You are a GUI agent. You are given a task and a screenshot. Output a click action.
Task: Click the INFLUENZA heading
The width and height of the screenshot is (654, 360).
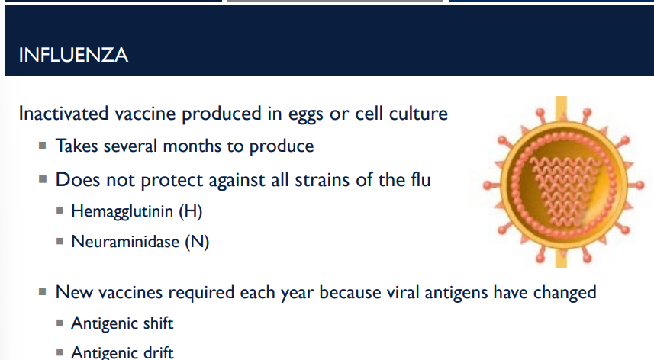(x=72, y=56)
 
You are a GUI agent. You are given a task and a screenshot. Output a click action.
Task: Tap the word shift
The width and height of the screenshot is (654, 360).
(x=158, y=323)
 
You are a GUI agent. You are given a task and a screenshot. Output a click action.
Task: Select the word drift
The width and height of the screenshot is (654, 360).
(x=158, y=352)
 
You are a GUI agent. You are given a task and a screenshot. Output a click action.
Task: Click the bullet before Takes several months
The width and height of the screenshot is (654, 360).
(x=43, y=146)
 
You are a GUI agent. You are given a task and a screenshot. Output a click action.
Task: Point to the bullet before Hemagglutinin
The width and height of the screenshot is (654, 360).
(x=60, y=212)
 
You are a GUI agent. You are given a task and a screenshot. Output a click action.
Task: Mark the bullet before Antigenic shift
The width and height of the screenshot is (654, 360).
(x=60, y=324)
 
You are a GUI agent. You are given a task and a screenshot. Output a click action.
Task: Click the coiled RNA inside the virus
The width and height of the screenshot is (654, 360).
(x=561, y=183)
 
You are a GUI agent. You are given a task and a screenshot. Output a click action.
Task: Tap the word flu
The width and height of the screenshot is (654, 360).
(x=417, y=181)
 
